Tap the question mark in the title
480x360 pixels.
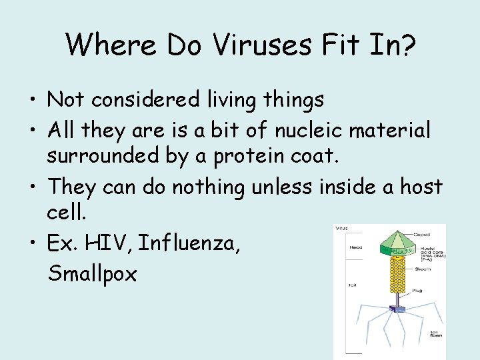[407, 44]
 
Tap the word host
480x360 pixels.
[420, 187]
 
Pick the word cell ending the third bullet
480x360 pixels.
[63, 213]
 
